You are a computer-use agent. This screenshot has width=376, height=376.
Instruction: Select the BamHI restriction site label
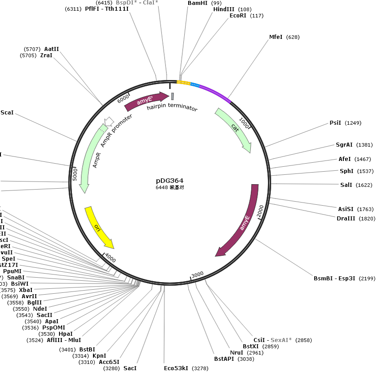(x=198, y=3)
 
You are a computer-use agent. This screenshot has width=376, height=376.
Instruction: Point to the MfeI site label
(x=275, y=37)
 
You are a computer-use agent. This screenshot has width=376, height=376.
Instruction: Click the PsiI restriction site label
(x=335, y=123)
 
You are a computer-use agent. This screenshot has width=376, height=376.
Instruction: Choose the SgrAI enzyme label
(x=344, y=145)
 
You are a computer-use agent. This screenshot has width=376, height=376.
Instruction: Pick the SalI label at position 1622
(x=346, y=185)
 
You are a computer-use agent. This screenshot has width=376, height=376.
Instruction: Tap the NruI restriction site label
(x=237, y=353)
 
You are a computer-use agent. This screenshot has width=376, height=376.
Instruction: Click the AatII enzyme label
(x=51, y=49)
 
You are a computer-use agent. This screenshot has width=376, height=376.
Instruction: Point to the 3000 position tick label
(x=197, y=274)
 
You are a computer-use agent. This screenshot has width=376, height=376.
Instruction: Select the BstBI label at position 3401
(x=87, y=349)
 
